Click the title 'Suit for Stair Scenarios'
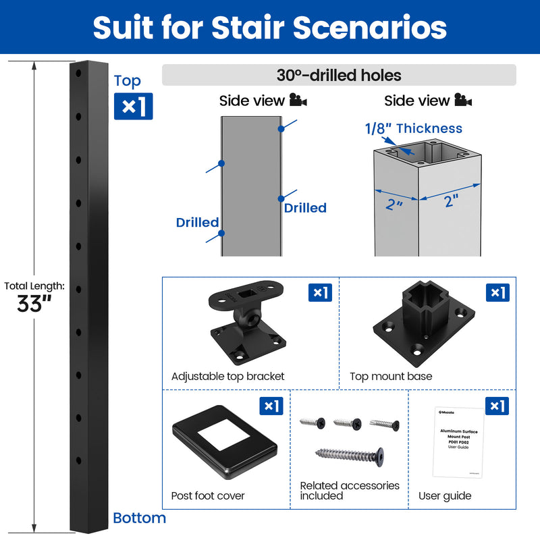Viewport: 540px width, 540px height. [270, 28]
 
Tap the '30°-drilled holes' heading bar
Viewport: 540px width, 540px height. [339, 75]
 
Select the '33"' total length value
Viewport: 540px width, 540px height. [34, 304]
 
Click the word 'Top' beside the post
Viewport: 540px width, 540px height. [128, 81]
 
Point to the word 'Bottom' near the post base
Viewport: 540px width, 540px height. [139, 518]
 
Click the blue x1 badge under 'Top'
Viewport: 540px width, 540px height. [133, 106]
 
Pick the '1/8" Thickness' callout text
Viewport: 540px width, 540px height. [414, 128]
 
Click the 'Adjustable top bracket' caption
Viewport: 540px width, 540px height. [228, 376]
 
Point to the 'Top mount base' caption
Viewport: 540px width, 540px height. [391, 376]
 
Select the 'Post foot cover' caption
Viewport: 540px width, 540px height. [208, 495]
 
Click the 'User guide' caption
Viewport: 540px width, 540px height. [445, 495]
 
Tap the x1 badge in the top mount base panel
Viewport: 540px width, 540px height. [497, 292]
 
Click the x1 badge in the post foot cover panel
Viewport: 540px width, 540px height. [271, 406]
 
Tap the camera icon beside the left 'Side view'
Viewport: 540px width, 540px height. [298, 101]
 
